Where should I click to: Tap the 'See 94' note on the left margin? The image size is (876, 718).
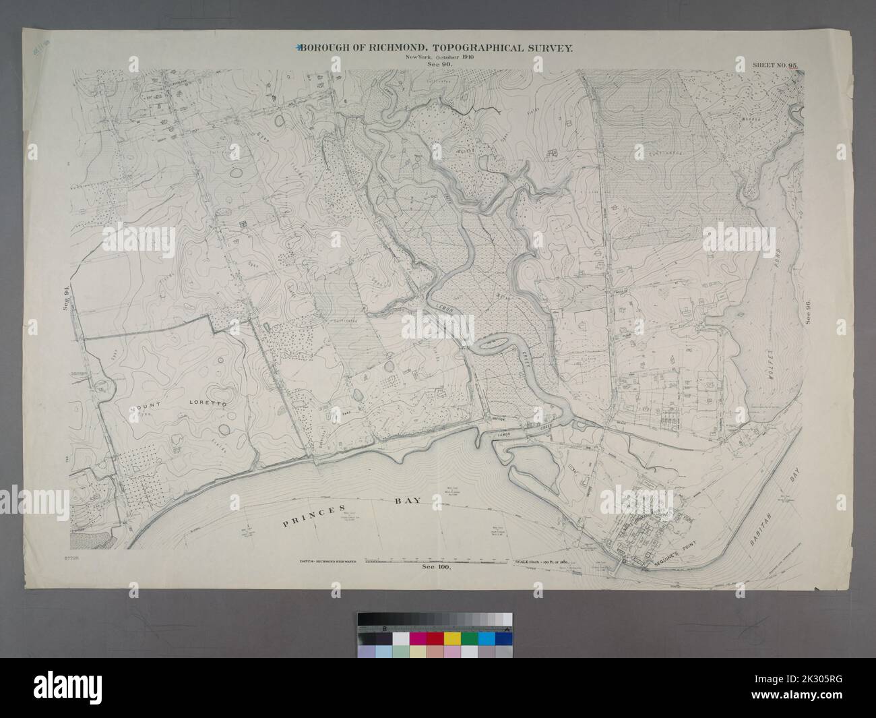(x=66, y=297)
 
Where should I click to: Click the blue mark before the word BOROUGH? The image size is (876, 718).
(x=297, y=48)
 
